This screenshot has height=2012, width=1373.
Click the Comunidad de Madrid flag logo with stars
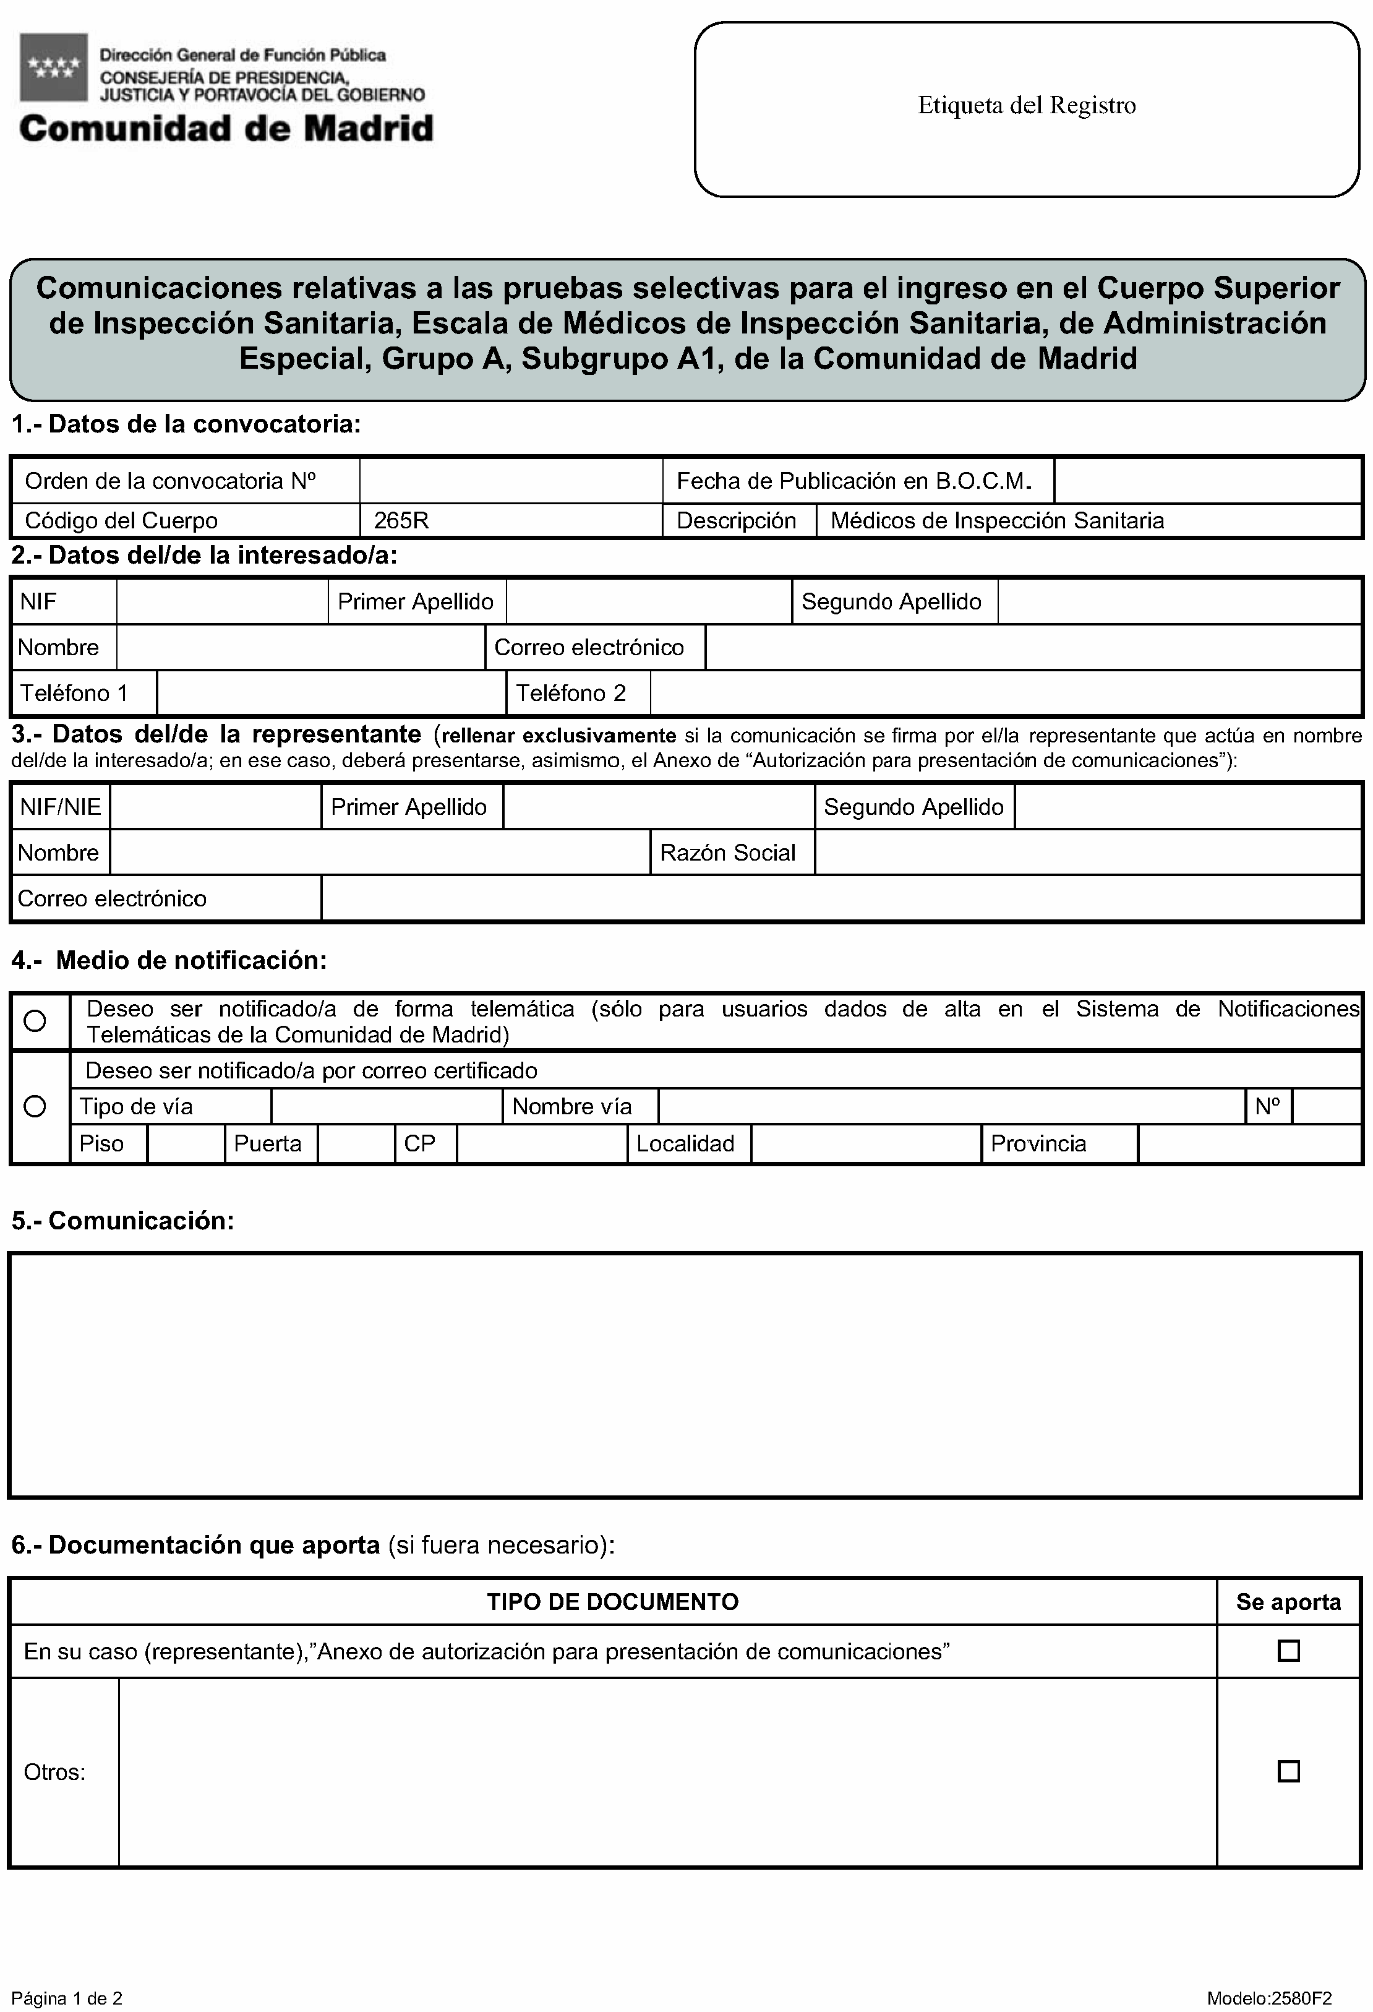point(54,67)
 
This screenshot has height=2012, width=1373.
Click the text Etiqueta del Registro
point(1027,106)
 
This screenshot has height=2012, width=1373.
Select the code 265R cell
point(511,521)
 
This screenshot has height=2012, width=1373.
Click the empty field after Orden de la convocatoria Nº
point(511,481)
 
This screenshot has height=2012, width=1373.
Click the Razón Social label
point(727,853)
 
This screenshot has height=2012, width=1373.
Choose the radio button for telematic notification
point(35,1021)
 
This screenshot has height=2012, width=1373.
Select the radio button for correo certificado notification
point(35,1106)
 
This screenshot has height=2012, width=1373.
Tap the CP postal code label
point(420,1143)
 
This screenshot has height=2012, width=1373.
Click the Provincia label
point(1038,1143)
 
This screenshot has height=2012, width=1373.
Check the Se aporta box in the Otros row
point(1288,1771)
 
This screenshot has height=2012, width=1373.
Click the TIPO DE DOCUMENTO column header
point(613,1602)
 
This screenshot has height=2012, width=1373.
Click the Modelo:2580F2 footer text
point(1269,1999)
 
